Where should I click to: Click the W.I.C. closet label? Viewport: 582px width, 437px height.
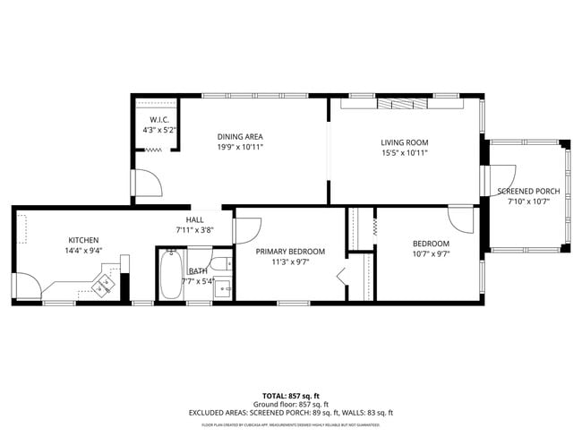tap(160, 119)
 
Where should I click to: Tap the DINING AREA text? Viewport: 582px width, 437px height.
tap(240, 137)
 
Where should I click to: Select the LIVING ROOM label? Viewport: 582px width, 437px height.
tap(405, 142)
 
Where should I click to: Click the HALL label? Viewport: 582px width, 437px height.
tap(194, 219)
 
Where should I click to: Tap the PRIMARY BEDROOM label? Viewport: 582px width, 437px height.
tap(290, 252)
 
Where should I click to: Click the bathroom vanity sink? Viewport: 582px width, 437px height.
tap(226, 288)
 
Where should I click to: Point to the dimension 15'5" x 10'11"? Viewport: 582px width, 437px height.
tap(405, 153)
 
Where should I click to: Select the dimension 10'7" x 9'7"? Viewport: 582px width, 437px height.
tap(431, 254)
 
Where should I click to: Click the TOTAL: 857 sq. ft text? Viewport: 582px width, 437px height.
tap(290, 395)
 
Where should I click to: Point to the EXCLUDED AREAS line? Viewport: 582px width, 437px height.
tap(290, 413)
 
